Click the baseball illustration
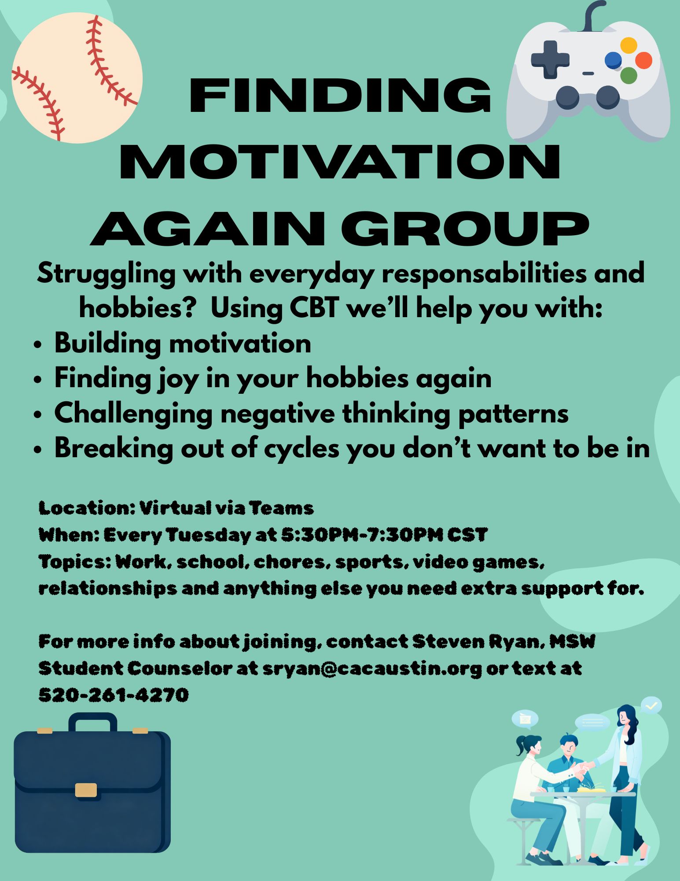[x=77, y=78]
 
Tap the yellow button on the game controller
[x=629, y=45]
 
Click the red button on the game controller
[x=643, y=60]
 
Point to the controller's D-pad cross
[x=550, y=59]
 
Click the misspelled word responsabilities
[x=484, y=274]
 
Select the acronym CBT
[x=314, y=308]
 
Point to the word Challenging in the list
[x=133, y=415]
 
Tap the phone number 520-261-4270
[x=114, y=695]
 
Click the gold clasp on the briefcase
[x=86, y=790]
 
